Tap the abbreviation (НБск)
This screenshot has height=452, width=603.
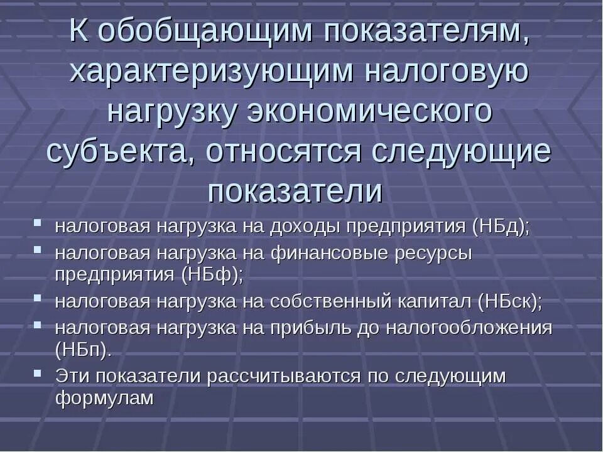pyautogui.click(x=509, y=301)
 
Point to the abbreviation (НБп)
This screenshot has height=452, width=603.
pyautogui.click(x=84, y=350)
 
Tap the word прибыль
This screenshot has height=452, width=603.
pyautogui.click(x=310, y=328)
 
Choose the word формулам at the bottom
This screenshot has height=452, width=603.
pyautogui.click(x=104, y=398)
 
